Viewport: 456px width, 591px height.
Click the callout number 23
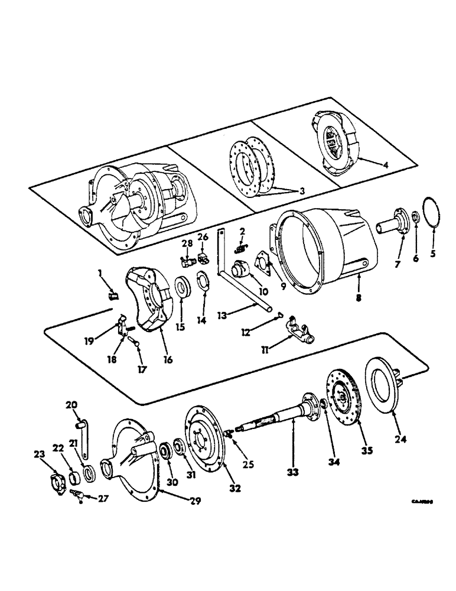click(40, 454)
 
